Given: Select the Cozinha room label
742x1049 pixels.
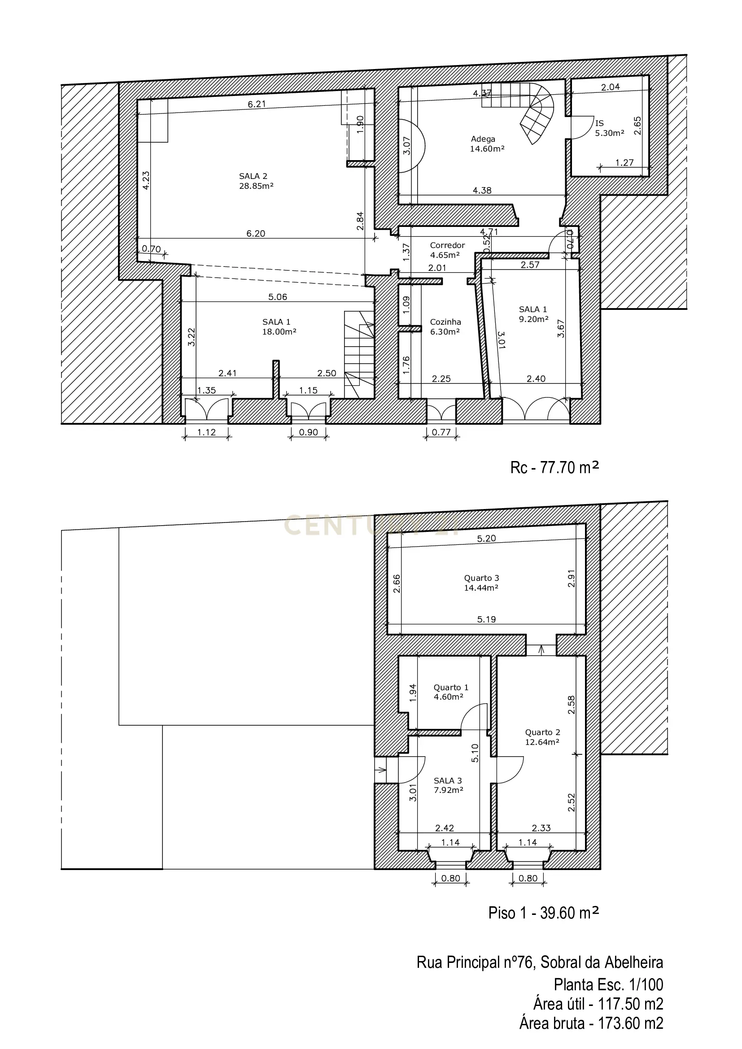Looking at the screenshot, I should coord(445,327).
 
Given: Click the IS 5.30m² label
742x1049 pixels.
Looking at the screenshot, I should coord(609,128).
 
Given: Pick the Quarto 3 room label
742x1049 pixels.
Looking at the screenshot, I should coord(481,583).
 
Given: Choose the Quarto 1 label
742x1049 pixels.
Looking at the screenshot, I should coord(450,692).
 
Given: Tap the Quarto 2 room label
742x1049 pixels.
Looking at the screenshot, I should coord(542,737).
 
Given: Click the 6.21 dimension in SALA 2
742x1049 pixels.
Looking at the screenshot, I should coord(257,104).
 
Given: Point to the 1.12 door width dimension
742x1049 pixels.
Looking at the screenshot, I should coord(206,432).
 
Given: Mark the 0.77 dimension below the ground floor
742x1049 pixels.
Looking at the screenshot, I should coord(441,432).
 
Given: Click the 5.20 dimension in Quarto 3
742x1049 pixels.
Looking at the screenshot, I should coord(486,539).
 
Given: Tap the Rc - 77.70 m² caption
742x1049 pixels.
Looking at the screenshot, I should coord(554,468).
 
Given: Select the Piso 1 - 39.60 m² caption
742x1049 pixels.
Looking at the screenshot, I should coord(543,913).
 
